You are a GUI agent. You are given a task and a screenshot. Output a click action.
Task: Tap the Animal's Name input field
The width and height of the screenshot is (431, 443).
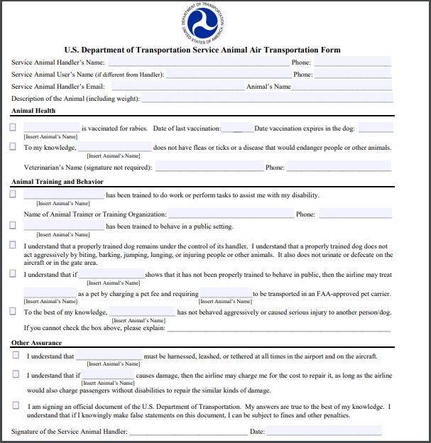point(341,86)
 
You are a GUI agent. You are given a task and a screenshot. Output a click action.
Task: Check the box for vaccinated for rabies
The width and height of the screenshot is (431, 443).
point(13,128)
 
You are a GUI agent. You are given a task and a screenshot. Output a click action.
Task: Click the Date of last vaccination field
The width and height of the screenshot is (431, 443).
point(237,128)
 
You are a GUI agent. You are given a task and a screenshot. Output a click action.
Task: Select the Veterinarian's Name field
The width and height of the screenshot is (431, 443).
point(208,168)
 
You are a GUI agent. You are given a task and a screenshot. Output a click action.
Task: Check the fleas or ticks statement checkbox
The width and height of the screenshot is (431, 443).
point(13,147)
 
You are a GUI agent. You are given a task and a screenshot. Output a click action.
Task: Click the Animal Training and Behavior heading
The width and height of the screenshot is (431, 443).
point(58,182)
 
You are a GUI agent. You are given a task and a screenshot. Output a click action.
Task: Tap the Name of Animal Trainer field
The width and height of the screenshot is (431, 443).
point(231,214)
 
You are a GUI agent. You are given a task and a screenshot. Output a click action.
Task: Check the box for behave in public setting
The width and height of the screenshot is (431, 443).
point(13,226)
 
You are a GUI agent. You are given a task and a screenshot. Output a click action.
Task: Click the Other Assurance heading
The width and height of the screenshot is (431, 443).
point(36,343)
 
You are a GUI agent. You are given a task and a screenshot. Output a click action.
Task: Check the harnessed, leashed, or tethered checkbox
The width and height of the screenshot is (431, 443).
point(16,356)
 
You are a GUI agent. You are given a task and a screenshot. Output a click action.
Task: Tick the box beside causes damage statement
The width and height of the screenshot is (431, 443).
point(16,374)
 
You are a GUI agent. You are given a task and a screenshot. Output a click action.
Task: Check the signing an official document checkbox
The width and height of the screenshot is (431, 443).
point(16,405)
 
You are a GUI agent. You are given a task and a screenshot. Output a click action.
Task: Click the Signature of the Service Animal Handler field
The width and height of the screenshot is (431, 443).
point(188,431)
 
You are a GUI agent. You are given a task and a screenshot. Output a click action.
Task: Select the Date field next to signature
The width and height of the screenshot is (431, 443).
point(324,431)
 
